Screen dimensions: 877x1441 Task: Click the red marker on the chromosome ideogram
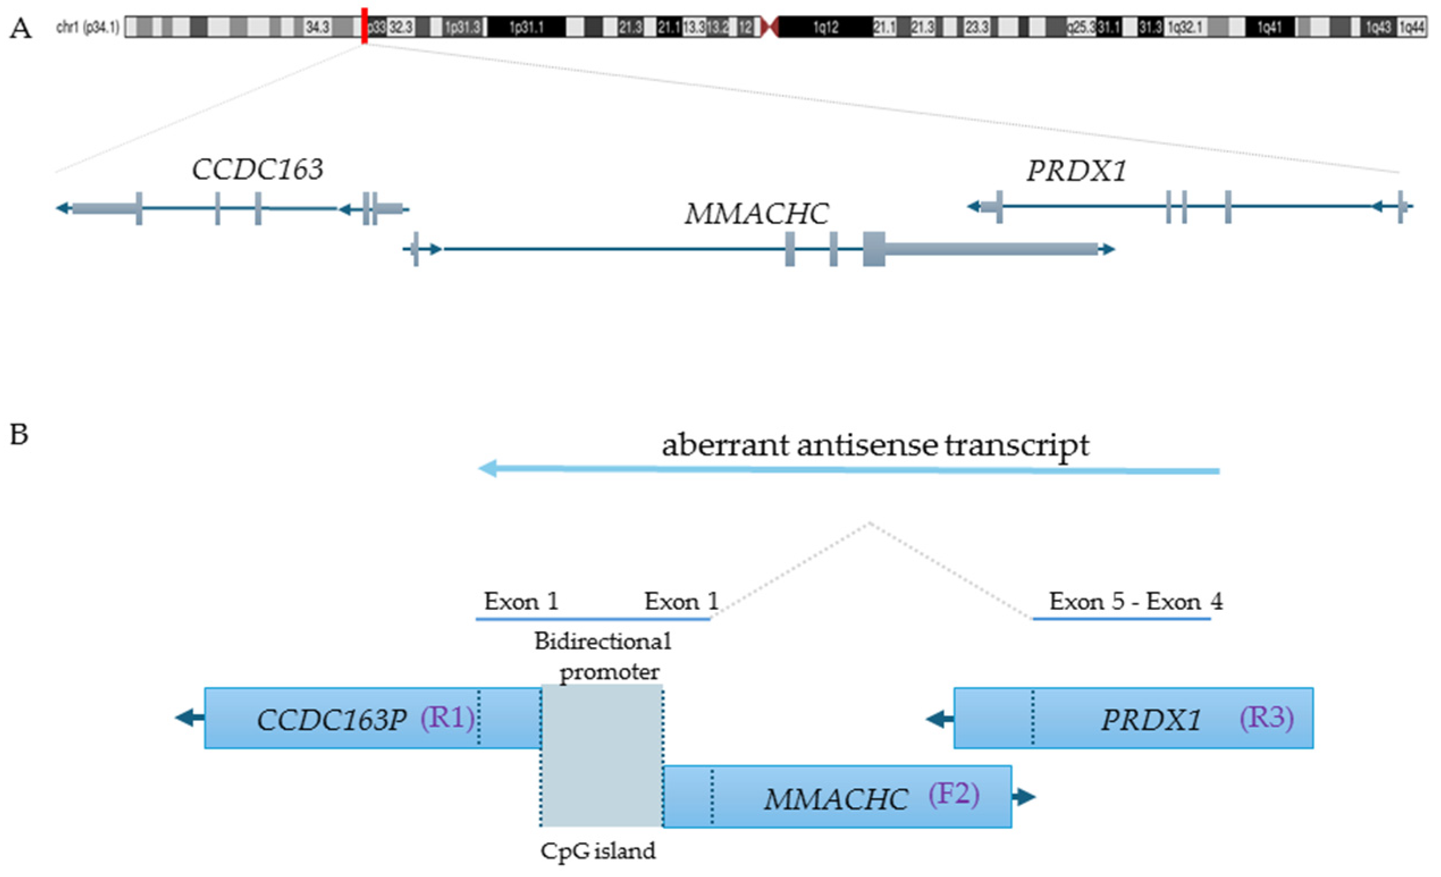pos(364,26)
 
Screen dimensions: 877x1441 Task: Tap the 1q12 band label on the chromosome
pos(825,27)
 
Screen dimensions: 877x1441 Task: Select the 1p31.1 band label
pos(526,27)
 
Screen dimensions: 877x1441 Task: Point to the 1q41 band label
pos(1269,27)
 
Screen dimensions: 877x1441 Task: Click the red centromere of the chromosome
pos(770,27)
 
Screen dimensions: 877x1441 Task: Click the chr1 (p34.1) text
pos(88,27)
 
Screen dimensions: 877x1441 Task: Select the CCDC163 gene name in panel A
pos(258,170)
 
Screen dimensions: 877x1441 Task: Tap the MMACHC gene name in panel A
pos(757,213)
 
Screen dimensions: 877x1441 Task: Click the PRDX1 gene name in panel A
pos(1076,171)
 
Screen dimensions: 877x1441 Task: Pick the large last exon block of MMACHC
pos(874,249)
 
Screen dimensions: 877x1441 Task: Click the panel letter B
pos(19,435)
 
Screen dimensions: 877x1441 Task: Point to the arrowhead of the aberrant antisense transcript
pos(488,469)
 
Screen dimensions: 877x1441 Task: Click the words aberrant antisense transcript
pos(875,445)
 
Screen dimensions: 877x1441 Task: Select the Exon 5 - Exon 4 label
pos(1135,601)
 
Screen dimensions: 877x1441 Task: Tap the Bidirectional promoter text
pos(604,656)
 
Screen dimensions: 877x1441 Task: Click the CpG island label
pos(598,851)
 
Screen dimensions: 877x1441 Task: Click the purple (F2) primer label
pos(954,794)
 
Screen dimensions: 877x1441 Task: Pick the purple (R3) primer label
pos(1266,717)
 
